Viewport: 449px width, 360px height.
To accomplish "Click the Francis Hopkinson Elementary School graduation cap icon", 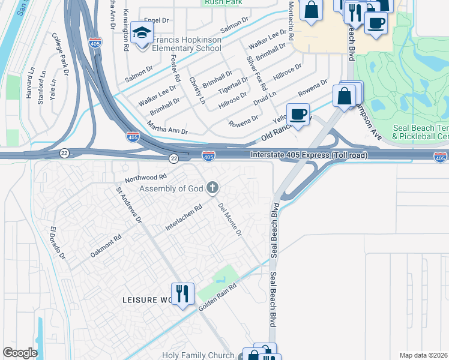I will (x=142, y=33).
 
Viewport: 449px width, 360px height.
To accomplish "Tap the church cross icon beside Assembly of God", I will (x=211, y=188).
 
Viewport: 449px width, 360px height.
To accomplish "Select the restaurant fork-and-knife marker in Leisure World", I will (x=182, y=293).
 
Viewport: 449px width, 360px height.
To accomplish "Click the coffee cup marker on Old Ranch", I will (x=298, y=113).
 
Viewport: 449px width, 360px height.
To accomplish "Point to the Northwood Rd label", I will (x=145, y=178).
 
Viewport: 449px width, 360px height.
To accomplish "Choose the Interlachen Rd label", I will (x=184, y=219).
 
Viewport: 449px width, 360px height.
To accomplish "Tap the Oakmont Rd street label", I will (x=106, y=244).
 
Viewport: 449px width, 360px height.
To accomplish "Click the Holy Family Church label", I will (x=198, y=355).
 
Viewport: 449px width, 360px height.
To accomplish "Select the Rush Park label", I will (x=223, y=2).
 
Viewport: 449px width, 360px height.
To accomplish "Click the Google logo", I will (x=20, y=353).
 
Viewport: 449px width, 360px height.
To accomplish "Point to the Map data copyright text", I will (x=424, y=355).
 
